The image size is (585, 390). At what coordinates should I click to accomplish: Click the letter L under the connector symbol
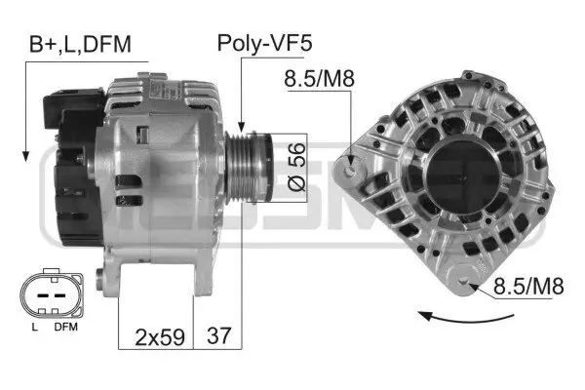tap(33, 328)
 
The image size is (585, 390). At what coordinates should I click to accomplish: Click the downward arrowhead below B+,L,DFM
tap(21, 156)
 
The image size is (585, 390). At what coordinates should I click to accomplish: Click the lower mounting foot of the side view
tap(118, 283)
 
